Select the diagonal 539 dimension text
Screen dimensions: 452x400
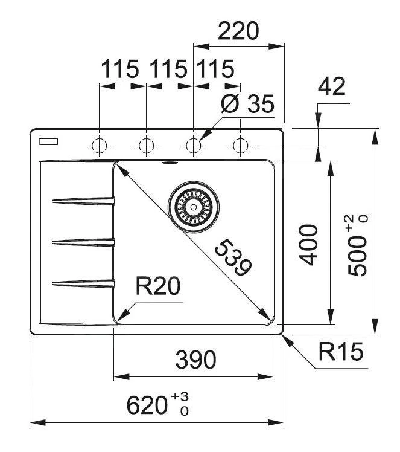click(x=233, y=257)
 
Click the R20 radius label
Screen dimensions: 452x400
click(x=158, y=286)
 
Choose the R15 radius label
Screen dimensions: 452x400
click(x=341, y=352)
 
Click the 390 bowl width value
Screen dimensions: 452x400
click(x=195, y=360)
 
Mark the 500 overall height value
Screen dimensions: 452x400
click(x=359, y=245)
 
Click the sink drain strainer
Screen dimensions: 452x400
click(x=192, y=206)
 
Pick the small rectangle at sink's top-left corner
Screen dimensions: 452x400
click(x=48, y=142)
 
